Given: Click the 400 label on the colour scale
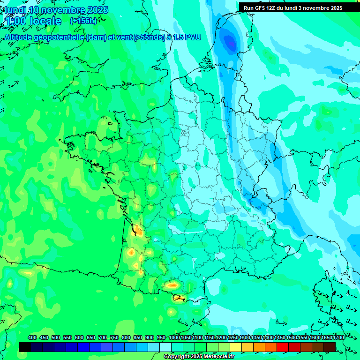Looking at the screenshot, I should point(32,337).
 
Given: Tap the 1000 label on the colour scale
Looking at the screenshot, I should point(174,337).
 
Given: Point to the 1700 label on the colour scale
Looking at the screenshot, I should point(338,337).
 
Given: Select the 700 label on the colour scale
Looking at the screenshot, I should point(103,337).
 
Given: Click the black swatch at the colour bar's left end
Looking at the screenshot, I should point(25,347).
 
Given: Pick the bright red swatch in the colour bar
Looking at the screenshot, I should point(282,347).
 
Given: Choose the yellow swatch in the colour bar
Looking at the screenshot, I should point(235,347).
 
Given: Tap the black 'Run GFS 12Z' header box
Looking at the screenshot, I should point(299,7).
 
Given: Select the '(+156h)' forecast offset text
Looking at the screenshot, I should point(83,21).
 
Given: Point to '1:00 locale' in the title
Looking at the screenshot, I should point(32,21).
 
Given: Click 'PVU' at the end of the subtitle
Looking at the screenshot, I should point(193,37).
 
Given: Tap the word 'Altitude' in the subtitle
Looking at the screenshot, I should point(18,37).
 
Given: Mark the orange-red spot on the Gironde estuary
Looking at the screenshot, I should point(138,230).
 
